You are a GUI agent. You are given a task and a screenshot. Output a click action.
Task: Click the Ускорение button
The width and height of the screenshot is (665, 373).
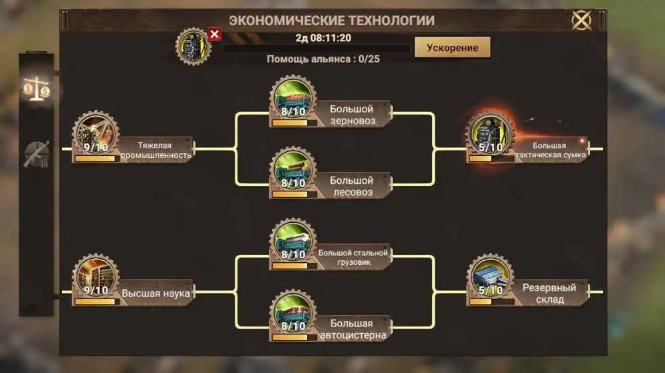click(x=452, y=47)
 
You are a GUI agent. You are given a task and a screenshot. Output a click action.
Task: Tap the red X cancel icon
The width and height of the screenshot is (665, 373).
click(x=215, y=34)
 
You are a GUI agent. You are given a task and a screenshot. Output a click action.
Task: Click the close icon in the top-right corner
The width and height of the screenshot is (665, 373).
click(x=581, y=21)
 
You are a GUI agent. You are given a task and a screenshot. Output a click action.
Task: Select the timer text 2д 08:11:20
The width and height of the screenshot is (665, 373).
click(x=323, y=38)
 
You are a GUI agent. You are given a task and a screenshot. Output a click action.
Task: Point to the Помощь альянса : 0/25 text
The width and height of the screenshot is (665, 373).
click(x=323, y=59)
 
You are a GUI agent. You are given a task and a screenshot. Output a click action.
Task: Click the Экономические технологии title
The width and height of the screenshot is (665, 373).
click(x=332, y=21)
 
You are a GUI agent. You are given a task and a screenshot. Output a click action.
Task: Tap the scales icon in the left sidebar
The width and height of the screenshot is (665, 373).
click(x=37, y=88)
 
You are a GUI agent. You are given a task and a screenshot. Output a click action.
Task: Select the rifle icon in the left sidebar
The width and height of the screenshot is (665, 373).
click(x=37, y=154)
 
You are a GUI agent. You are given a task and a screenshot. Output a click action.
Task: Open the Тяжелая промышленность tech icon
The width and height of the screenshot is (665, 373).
click(x=95, y=134)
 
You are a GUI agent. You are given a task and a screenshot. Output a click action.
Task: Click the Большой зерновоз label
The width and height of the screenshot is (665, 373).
click(x=352, y=115)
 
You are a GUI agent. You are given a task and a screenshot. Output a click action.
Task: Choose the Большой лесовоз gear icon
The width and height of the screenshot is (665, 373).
click(x=293, y=170)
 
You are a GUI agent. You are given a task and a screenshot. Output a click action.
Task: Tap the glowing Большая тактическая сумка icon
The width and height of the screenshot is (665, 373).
click(x=490, y=134)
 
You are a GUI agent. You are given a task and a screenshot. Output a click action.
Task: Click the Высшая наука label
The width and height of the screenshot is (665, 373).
click(x=156, y=293)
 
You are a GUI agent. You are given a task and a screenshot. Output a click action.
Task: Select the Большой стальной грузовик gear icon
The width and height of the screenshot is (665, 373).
click(x=293, y=242)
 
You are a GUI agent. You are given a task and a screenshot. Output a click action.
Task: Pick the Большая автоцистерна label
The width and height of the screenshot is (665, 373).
click(x=353, y=329)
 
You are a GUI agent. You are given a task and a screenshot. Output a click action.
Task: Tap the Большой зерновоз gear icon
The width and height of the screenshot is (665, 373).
click(x=293, y=98)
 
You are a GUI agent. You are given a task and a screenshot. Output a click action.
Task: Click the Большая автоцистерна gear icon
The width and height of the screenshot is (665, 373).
click(x=293, y=313)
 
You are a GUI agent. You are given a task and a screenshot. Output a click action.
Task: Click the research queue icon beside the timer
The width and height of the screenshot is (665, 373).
click(x=194, y=46)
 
